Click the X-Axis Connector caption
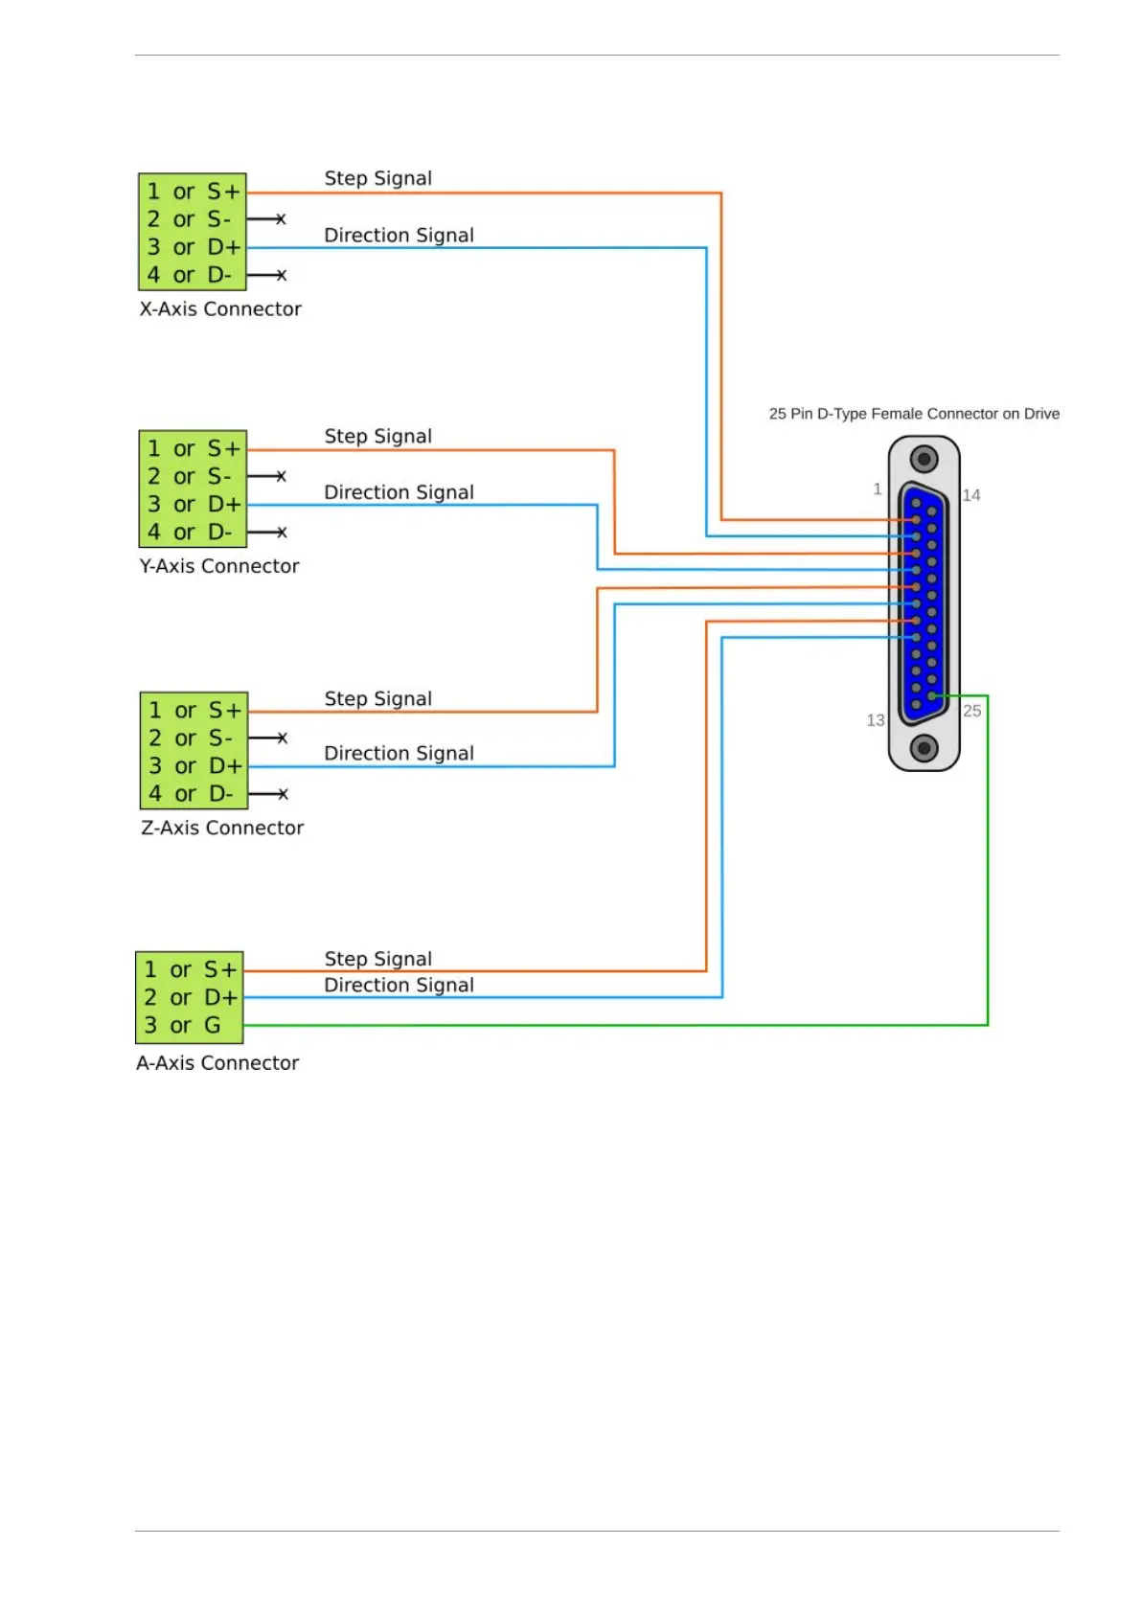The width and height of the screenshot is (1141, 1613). tap(220, 309)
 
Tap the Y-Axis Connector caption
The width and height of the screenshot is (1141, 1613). tap(219, 566)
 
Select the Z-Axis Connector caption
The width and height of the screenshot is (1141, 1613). tap(222, 828)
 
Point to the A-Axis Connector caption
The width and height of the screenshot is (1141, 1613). tap(217, 1063)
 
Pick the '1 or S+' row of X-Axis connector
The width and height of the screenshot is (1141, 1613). tap(193, 192)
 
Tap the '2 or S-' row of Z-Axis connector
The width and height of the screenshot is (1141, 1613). tap(194, 738)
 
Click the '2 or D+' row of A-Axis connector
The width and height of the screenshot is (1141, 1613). tap(189, 998)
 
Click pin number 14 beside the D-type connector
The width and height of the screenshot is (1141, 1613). tap(971, 495)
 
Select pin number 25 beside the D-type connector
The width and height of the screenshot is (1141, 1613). tap(972, 711)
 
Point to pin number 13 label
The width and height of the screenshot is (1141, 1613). tap(876, 720)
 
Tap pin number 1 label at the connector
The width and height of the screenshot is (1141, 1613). tap(877, 489)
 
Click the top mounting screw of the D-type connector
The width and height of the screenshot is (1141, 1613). tap(924, 460)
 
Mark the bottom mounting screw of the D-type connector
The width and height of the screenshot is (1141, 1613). tap(924, 747)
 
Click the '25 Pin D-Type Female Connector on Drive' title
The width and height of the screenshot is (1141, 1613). tap(914, 414)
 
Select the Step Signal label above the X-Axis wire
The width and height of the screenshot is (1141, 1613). tap(378, 178)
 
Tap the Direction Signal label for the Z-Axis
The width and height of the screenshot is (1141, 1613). tap(399, 754)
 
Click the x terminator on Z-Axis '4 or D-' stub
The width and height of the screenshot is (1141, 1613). tap(282, 794)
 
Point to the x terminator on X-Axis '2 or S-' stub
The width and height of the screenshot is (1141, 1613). tap(281, 219)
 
